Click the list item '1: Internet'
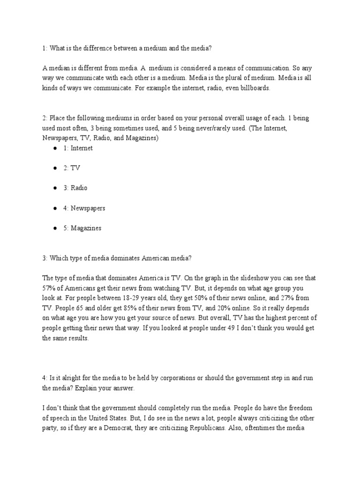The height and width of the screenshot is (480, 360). pos(78,148)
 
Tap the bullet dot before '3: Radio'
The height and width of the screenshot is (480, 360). pos(55,188)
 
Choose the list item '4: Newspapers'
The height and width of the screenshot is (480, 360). pos(84,208)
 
